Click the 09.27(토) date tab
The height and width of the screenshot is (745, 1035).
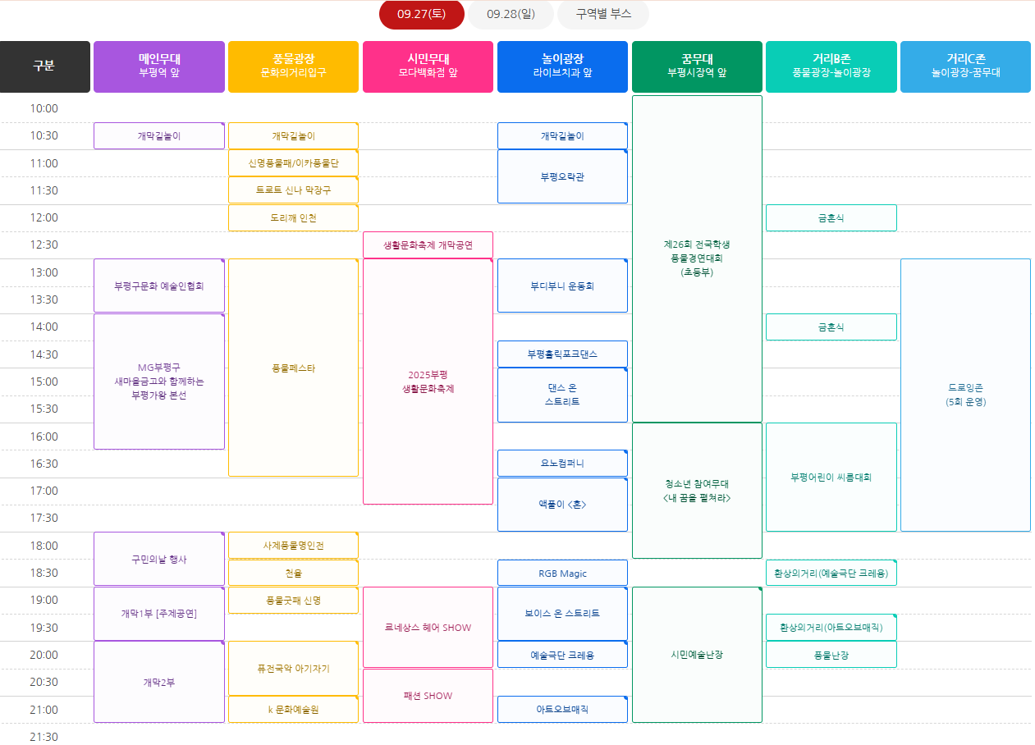click(421, 15)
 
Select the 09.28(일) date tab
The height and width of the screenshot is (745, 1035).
click(510, 15)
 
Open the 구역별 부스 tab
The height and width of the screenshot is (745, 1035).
click(602, 15)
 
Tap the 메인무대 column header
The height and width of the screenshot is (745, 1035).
click(159, 66)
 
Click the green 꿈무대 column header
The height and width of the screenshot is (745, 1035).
click(697, 66)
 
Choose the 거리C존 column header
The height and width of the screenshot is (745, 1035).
click(965, 66)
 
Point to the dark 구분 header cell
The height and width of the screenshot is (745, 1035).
click(44, 66)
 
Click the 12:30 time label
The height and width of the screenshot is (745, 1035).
click(44, 245)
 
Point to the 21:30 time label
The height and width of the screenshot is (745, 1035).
click(44, 737)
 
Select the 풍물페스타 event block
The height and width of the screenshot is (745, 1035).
click(293, 368)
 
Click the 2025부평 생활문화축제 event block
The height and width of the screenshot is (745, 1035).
click(428, 382)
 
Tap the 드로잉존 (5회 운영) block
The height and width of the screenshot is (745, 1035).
click(965, 395)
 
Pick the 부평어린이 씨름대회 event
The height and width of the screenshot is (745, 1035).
click(831, 477)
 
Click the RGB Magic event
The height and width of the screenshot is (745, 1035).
click(562, 573)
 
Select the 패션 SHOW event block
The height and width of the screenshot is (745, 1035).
click(428, 696)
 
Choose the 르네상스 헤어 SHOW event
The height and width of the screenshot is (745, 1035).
click(428, 628)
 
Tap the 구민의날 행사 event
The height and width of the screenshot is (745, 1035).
click(159, 559)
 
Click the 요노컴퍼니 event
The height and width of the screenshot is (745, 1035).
click(562, 463)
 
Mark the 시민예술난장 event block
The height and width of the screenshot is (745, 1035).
click(697, 655)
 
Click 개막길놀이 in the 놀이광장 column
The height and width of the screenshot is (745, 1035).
click(562, 135)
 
